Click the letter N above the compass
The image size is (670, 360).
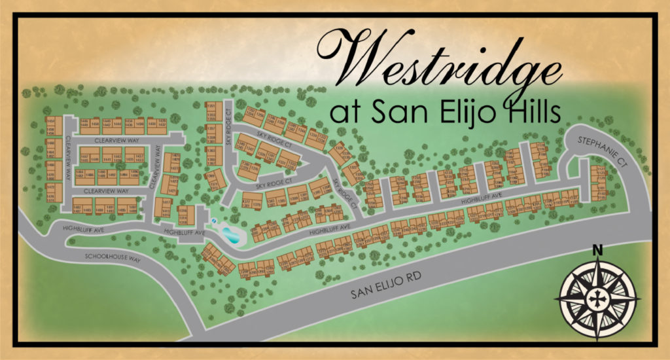pos(597,249)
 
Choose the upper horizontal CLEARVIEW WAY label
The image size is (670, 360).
pos(115,140)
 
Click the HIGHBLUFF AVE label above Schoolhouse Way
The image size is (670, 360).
pos(83,228)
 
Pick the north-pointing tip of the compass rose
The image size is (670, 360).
pos(597,261)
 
